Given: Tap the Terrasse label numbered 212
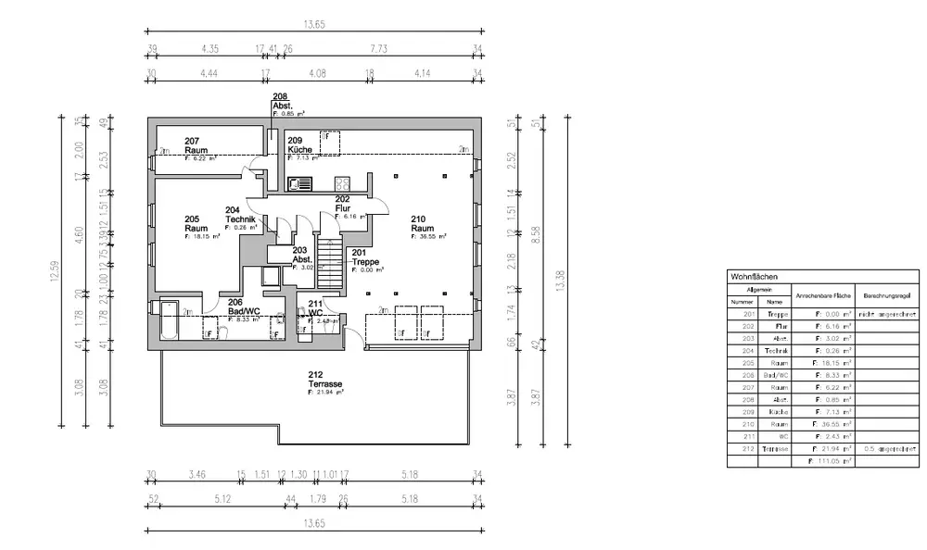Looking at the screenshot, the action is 321,379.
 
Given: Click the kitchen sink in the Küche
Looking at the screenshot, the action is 302,184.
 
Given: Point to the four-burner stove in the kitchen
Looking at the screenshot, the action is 341,184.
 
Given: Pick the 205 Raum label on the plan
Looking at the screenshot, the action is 196,223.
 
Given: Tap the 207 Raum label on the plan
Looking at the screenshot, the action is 196,146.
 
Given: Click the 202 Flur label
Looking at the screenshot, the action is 342,204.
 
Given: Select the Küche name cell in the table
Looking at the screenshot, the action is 776,411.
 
